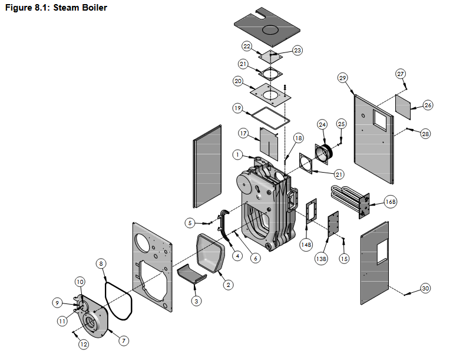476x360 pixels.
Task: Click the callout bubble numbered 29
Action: coord(343,77)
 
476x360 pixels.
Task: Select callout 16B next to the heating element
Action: coord(391,202)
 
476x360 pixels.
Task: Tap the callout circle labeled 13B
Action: coord(321,259)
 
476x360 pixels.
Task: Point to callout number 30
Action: coord(426,288)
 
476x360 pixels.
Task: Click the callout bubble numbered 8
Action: coord(101,264)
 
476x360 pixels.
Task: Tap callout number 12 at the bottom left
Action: coord(84,344)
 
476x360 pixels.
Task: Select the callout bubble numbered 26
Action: coord(428,105)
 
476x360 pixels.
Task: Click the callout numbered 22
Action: coord(247,46)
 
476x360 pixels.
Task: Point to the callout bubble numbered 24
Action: coord(322,124)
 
